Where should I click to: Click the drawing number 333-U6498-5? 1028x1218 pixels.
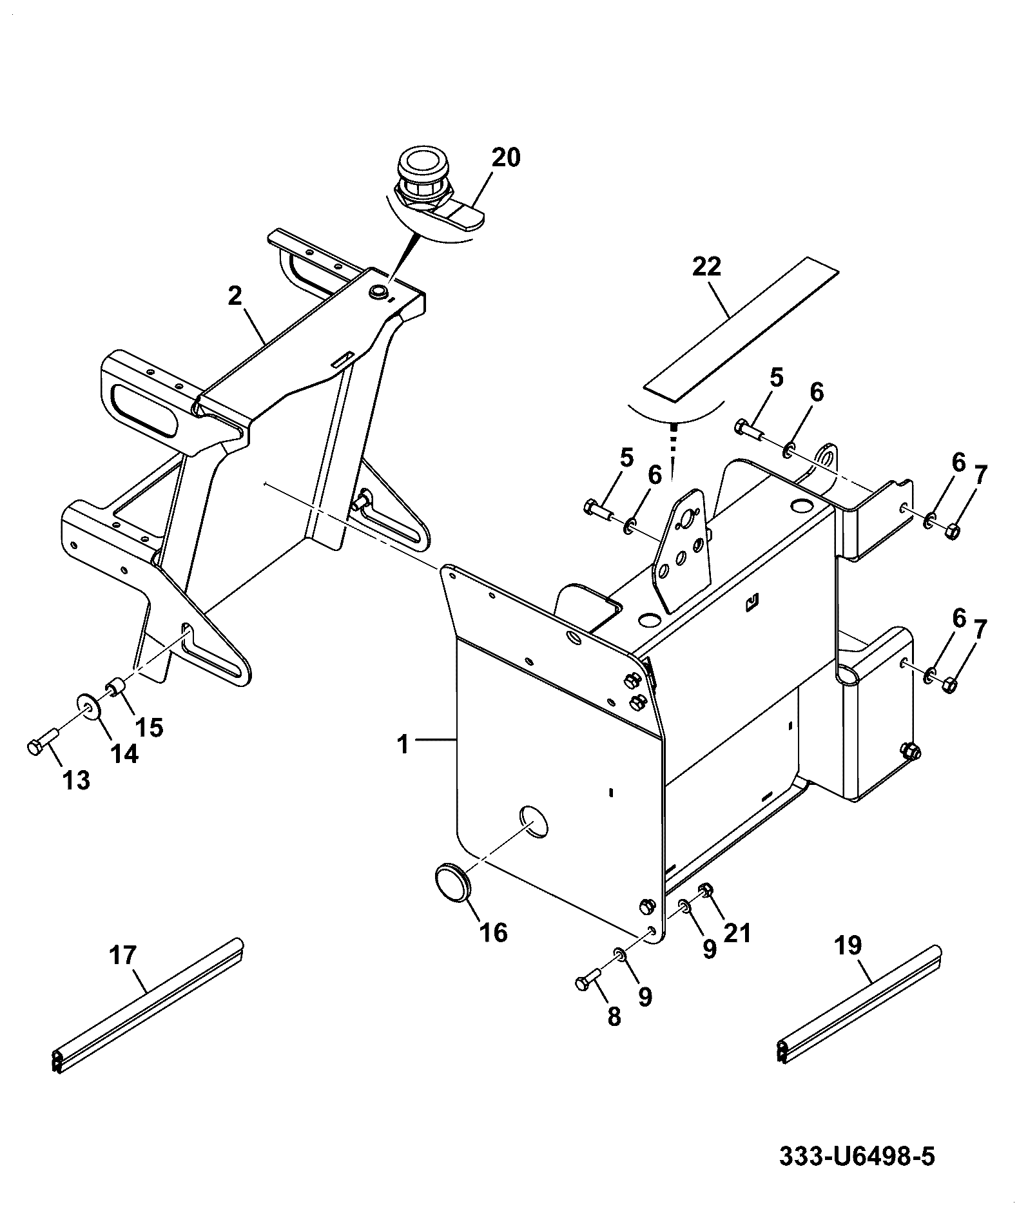[857, 1155]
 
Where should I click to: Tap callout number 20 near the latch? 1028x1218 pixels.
[506, 158]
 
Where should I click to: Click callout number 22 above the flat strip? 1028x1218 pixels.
[706, 267]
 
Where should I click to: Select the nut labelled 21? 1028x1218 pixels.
[706, 891]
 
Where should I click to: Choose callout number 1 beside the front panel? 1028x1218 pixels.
[402, 745]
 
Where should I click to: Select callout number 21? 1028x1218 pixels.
[738, 933]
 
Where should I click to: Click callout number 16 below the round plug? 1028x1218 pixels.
[494, 933]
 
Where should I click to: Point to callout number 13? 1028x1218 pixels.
[76, 780]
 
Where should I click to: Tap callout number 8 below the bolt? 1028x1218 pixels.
[614, 1016]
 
